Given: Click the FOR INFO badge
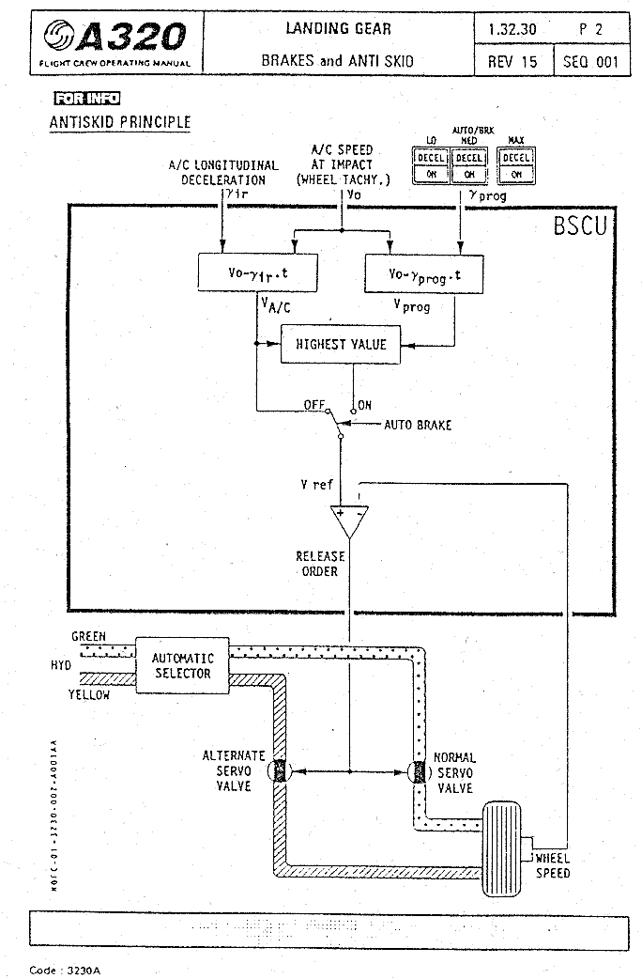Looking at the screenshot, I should click(x=87, y=99).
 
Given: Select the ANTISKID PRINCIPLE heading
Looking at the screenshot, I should click(x=119, y=122).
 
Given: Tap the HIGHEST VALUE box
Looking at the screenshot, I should click(x=341, y=344).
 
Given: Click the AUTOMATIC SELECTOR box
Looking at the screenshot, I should click(x=183, y=666).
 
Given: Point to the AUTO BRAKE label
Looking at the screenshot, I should click(x=418, y=425).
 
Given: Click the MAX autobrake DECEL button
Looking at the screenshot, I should click(x=516, y=158).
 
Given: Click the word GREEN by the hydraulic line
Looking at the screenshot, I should click(x=88, y=636).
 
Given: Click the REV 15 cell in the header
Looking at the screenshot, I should click(x=512, y=62).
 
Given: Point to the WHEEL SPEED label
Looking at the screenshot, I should click(x=552, y=865).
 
